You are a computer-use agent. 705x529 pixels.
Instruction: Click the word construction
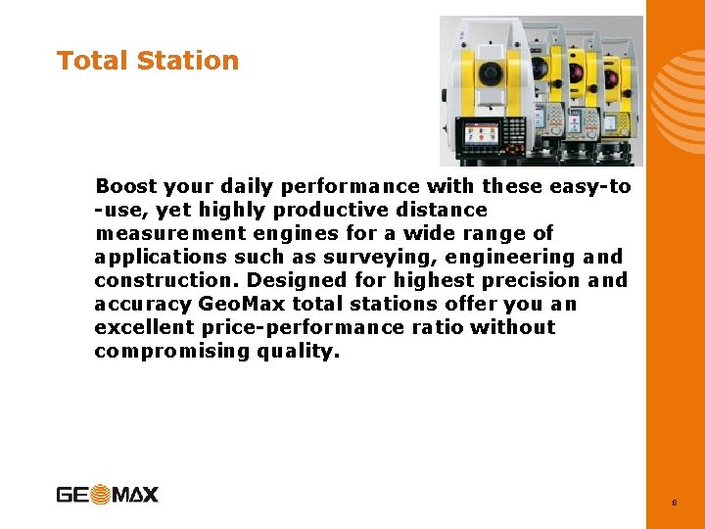pos(165,280)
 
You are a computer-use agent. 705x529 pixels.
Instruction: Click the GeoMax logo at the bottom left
pos(107,495)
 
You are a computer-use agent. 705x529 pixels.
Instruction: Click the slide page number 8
pos(675,504)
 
